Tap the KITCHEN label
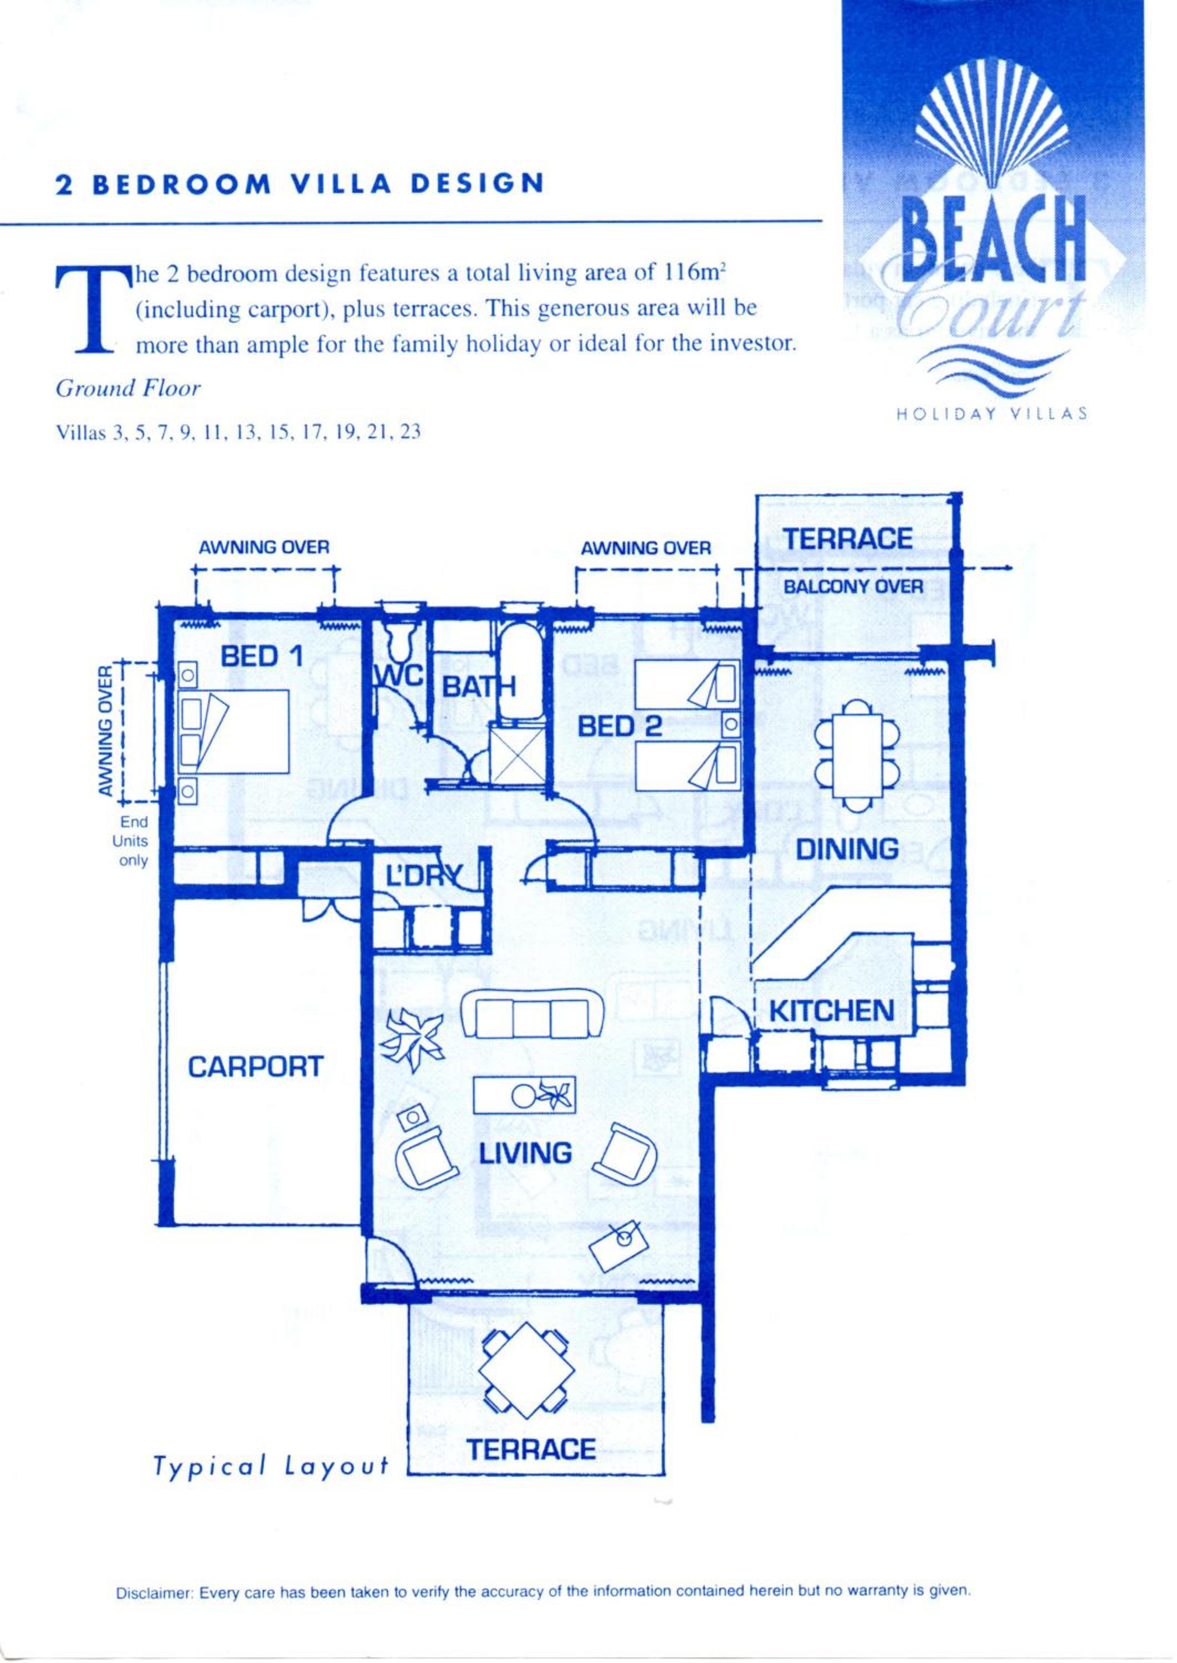831,1011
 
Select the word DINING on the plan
847,848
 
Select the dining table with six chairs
857,754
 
